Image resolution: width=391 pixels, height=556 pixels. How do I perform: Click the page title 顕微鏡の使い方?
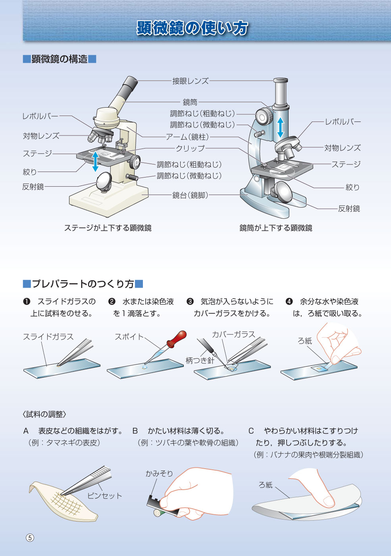tap(192, 27)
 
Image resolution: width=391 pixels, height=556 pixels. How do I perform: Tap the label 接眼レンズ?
tap(191, 81)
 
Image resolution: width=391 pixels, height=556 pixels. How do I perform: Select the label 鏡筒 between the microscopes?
tap(190, 102)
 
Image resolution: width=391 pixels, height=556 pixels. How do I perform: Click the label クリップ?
tap(190, 149)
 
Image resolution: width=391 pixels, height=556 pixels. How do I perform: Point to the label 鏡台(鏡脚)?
tap(190, 195)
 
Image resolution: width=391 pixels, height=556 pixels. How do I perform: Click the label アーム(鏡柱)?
tap(187, 137)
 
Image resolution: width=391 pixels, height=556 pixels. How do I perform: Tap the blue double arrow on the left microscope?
tap(96, 162)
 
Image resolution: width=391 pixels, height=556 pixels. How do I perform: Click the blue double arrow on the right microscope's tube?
tap(280, 127)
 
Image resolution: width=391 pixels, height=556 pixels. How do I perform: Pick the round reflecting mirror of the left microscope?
tap(104, 181)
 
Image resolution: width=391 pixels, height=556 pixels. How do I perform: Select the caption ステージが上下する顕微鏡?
tap(108, 228)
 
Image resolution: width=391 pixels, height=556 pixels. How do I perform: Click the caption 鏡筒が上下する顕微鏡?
tap(276, 228)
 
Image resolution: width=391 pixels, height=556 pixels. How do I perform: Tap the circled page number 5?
tap(30, 538)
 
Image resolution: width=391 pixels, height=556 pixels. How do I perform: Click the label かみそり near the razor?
tap(159, 473)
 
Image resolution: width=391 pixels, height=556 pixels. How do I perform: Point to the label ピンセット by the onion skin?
tap(104, 496)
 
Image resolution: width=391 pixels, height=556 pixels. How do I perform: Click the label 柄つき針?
tap(200, 361)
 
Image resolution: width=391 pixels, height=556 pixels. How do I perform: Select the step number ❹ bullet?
tap(289, 301)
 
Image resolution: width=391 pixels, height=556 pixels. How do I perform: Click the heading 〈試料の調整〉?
tap(44, 414)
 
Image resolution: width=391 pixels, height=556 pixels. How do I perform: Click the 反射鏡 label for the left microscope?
tap(33, 187)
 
